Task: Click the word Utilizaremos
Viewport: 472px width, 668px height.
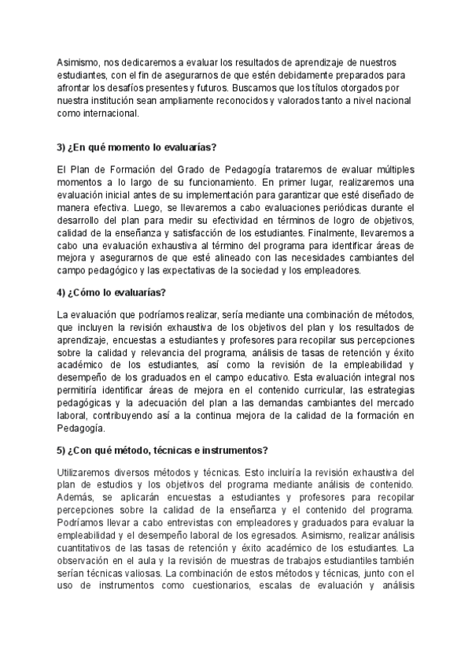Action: tap(86, 471)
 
